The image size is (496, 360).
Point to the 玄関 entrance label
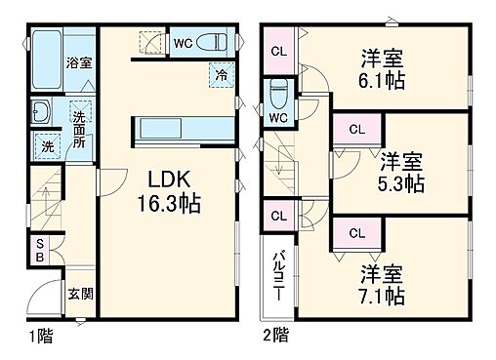[80, 294]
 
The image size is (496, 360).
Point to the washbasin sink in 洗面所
[42, 112]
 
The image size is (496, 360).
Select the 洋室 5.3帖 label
[401, 172]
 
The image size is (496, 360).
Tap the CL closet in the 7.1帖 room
[355, 232]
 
